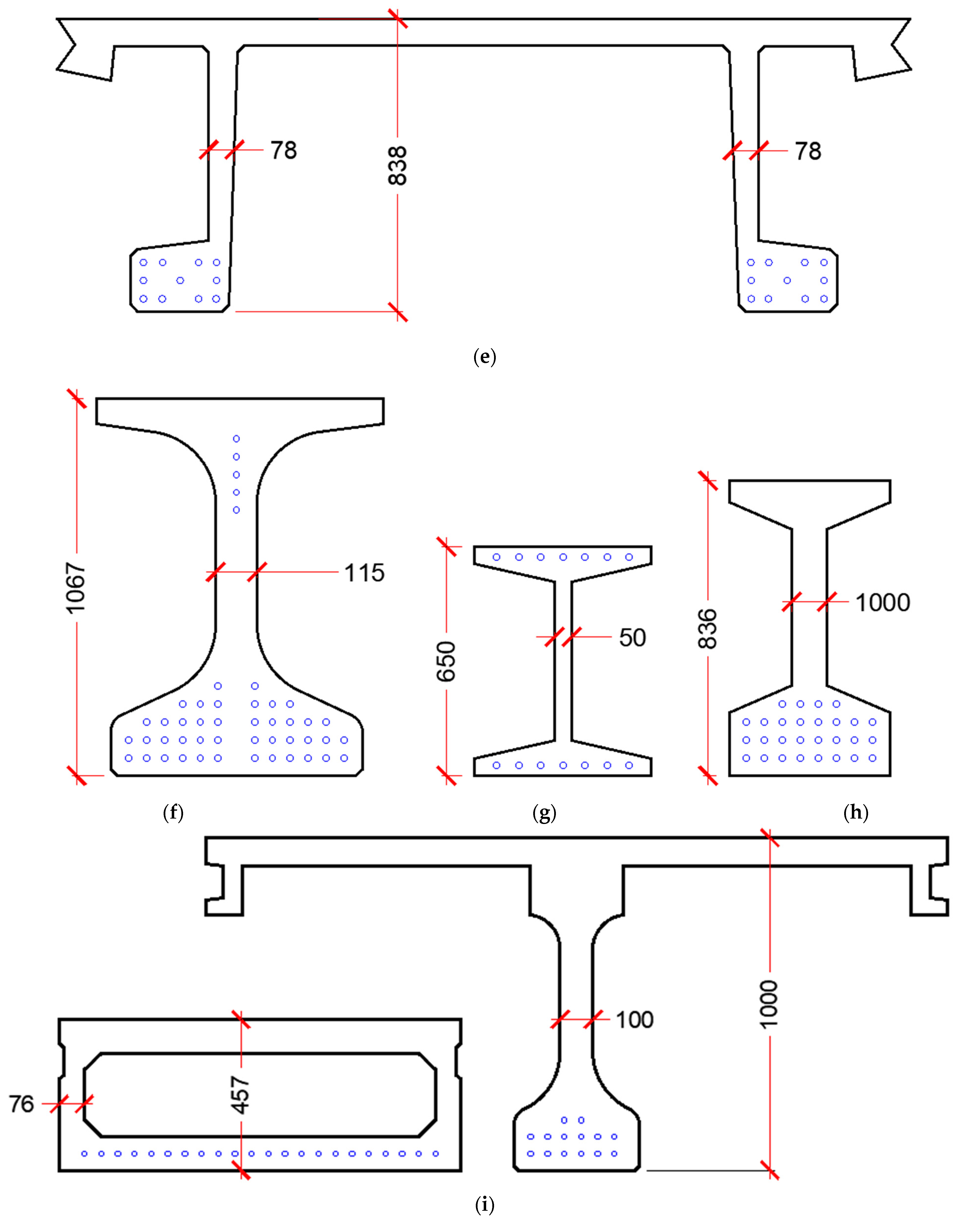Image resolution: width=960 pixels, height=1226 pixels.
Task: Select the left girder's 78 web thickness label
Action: (x=283, y=150)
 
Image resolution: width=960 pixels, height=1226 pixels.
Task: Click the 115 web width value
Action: (x=364, y=573)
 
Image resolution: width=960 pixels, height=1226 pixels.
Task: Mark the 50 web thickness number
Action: (x=632, y=637)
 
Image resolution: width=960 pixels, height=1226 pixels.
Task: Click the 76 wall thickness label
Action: (x=21, y=1104)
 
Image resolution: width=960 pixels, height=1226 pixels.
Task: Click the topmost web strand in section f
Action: (x=236, y=439)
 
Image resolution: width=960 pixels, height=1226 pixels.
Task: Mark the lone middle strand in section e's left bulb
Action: (x=180, y=280)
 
